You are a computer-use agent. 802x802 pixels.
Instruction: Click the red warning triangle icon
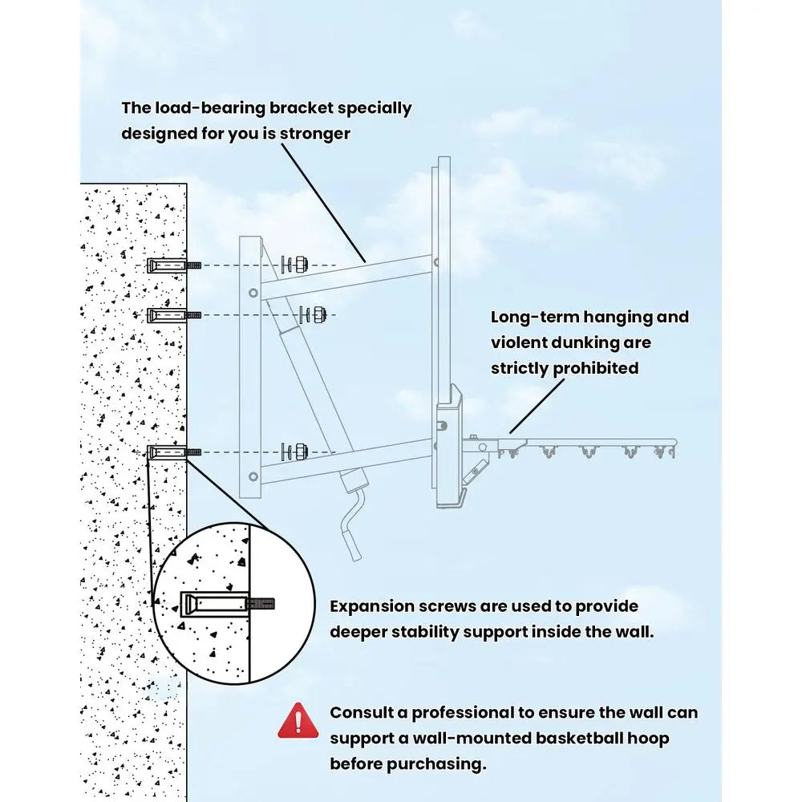click(298, 721)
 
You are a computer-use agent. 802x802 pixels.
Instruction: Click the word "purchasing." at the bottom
click(435, 764)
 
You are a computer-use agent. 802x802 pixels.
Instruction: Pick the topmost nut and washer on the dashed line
click(295, 265)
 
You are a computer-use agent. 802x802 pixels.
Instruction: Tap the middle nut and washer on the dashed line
click(313, 314)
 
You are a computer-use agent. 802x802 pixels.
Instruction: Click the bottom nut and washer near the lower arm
click(295, 452)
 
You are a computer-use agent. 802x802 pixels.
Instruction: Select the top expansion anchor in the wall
click(174, 265)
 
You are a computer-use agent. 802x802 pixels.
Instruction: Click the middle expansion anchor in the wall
click(174, 315)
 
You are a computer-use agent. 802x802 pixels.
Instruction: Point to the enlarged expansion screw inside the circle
click(227, 604)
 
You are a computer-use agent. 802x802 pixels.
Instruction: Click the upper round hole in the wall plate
click(253, 293)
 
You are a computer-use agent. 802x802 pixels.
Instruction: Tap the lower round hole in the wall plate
click(253, 477)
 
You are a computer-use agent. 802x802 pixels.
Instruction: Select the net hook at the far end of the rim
click(664, 452)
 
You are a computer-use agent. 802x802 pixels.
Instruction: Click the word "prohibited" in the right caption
click(596, 368)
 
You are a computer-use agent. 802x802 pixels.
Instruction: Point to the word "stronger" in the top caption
click(315, 134)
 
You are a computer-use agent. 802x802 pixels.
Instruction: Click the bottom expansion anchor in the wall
click(174, 452)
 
